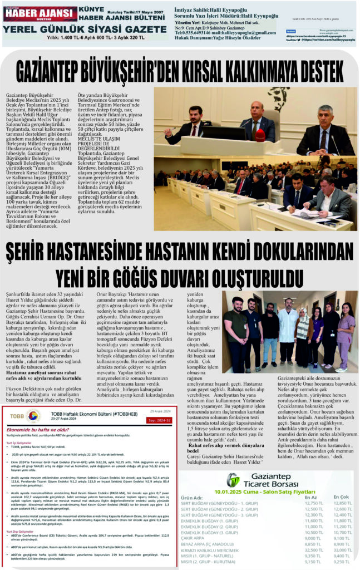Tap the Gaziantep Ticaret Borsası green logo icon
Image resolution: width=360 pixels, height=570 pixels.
tap(233, 480)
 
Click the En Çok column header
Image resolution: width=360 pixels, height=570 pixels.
tap(341, 497)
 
